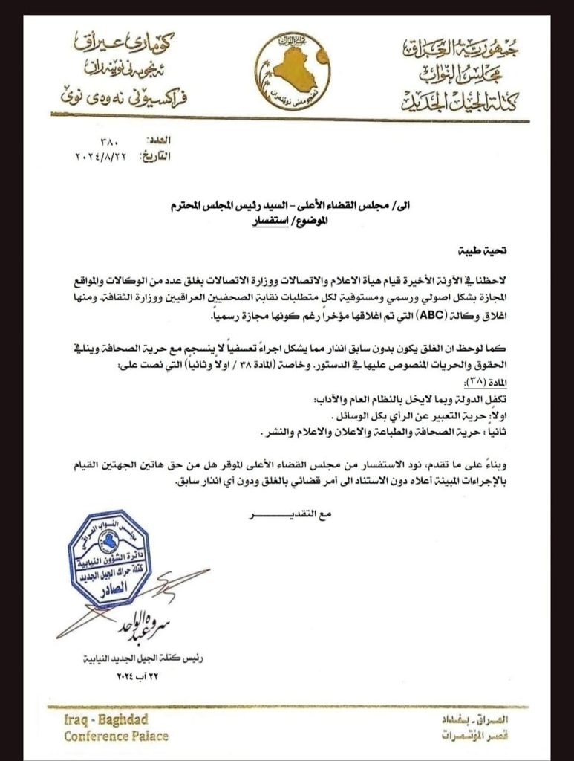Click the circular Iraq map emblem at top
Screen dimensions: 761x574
tap(293, 73)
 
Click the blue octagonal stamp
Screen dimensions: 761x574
tap(109, 558)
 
